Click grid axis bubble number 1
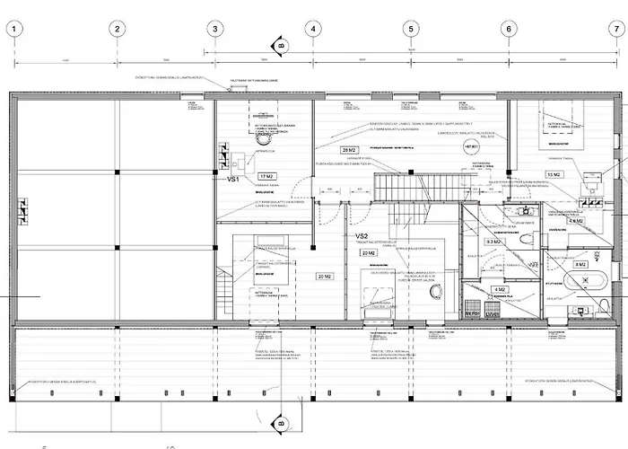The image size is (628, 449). [x=17, y=29]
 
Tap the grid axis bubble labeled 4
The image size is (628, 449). [x=312, y=29]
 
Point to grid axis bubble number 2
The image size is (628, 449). [x=116, y=29]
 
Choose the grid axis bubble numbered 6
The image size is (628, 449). [x=509, y=29]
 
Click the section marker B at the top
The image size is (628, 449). [x=280, y=45]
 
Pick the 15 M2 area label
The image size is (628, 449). [x=554, y=174]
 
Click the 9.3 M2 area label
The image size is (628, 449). [x=493, y=242]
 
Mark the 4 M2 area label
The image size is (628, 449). [x=499, y=289]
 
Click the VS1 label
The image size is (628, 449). [x=233, y=180]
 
